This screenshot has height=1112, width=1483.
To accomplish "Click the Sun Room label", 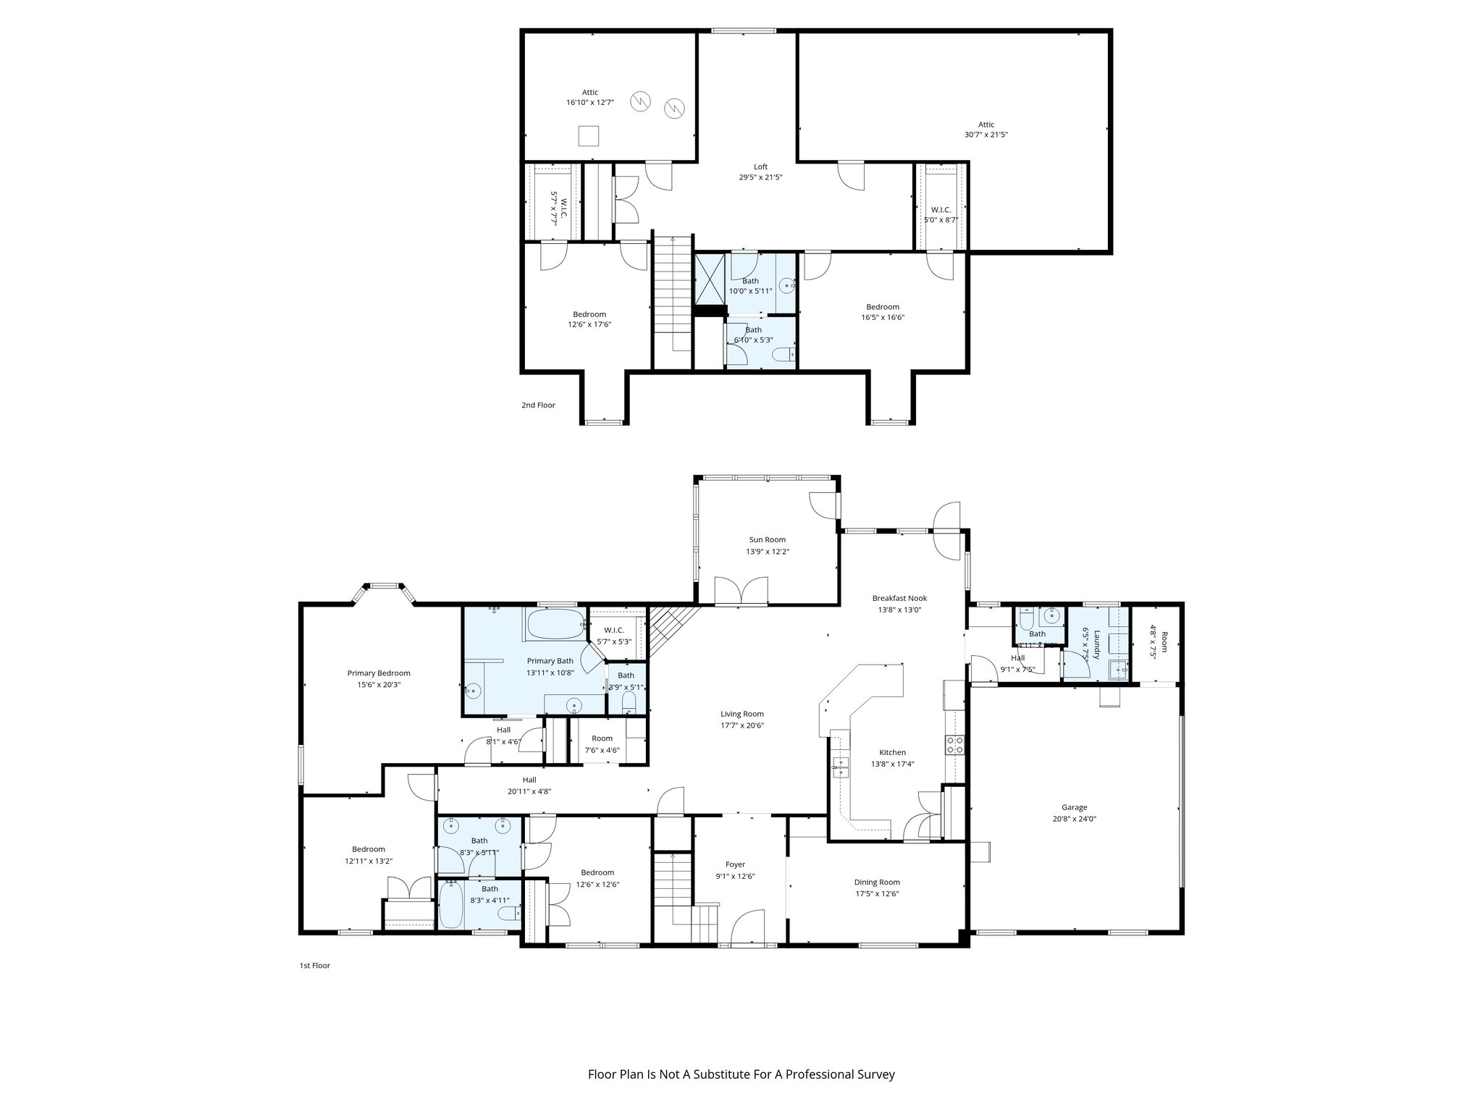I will (x=767, y=539).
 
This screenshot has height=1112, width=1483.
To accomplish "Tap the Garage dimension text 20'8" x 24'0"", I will (x=1074, y=819).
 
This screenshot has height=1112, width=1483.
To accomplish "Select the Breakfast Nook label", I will (x=899, y=598).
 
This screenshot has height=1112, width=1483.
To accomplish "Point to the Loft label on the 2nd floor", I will (x=760, y=167).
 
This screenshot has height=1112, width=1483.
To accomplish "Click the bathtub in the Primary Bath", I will (x=555, y=624).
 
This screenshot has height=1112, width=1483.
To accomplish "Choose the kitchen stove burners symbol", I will (x=955, y=745).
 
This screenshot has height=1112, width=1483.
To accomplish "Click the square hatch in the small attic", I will (x=589, y=135).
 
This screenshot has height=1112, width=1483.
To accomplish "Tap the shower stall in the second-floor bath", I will (x=710, y=278).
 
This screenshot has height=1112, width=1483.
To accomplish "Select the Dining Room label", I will (x=877, y=882).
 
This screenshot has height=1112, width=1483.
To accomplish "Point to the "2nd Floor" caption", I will (x=538, y=405).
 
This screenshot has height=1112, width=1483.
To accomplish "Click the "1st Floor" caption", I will (x=314, y=965).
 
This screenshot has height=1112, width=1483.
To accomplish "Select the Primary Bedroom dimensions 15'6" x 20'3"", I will (x=379, y=684).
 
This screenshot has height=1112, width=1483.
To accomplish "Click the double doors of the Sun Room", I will (x=741, y=591).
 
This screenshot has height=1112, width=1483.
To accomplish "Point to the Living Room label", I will (x=742, y=714).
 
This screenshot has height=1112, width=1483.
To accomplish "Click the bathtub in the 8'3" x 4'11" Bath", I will (x=451, y=904).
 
